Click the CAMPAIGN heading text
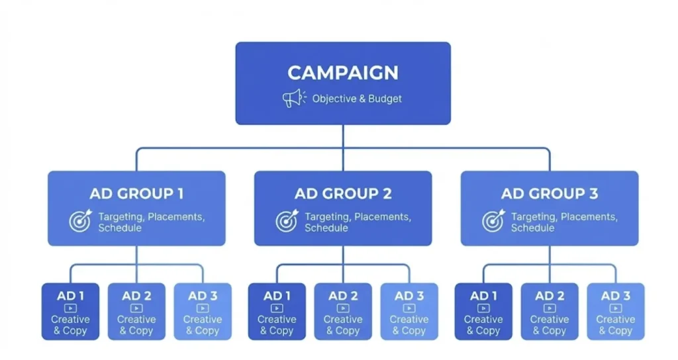tap(343, 72)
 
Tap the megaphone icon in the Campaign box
tap(292, 99)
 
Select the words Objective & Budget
tap(357, 99)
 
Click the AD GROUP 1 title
tap(136, 194)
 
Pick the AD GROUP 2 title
tap(343, 194)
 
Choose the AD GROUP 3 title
tap(550, 194)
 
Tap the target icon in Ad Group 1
tap(80, 221)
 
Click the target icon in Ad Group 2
tap(287, 221)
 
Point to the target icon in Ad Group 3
tap(493, 221)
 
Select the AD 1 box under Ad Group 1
tap(70, 312)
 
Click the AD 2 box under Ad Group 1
tap(136, 312)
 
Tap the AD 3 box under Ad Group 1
tap(203, 312)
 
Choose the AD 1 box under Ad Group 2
tap(277, 312)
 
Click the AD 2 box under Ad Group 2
tap(343, 312)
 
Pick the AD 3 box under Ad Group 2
tap(409, 312)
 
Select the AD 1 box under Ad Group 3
tap(483, 312)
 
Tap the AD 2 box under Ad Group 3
tap(550, 312)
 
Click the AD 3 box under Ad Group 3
tap(616, 312)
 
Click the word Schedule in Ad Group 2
tap(326, 228)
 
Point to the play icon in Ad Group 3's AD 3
tap(616, 308)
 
